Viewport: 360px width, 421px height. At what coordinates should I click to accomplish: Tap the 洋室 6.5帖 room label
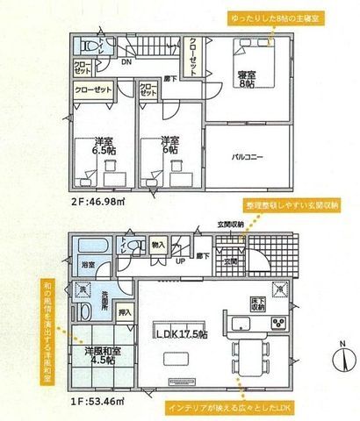[x=83, y=146]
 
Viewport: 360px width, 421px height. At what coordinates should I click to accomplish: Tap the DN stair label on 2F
[x=126, y=63]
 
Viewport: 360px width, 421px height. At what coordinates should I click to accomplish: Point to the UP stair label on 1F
[x=180, y=261]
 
